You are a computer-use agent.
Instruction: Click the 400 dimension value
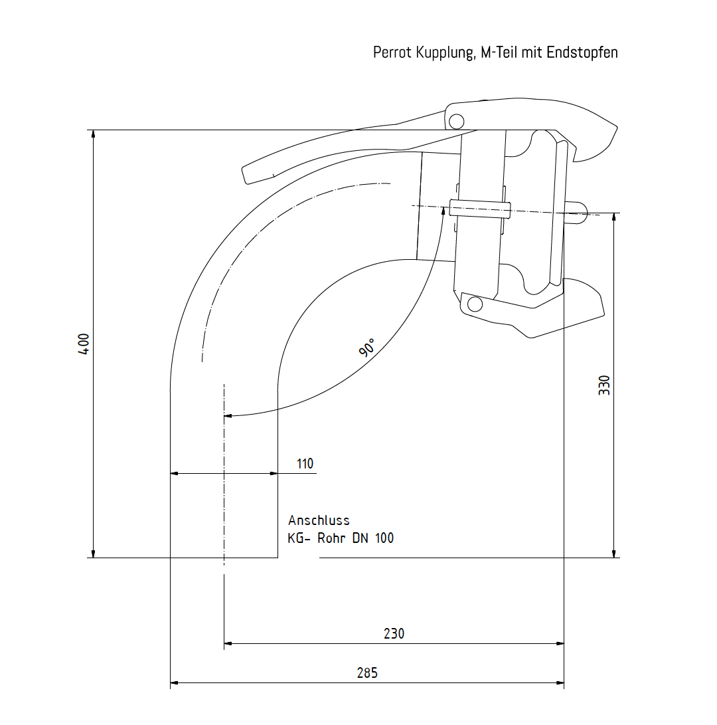click(84, 344)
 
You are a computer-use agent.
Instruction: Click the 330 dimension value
click(604, 385)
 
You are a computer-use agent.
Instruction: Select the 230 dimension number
click(394, 633)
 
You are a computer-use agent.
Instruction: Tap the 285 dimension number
click(367, 673)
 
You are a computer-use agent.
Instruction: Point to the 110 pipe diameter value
click(305, 464)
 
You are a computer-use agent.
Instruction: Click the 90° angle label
click(367, 348)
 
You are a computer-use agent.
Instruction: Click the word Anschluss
click(319, 520)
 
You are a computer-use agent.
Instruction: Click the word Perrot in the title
click(392, 52)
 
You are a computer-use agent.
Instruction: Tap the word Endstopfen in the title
click(582, 52)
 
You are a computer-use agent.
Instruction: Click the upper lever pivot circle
click(455, 121)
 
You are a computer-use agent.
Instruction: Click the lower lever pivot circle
click(475, 304)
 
